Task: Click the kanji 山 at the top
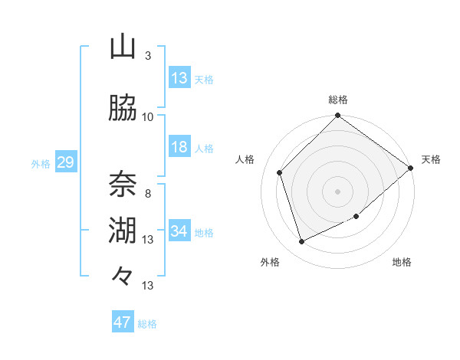click(123, 47)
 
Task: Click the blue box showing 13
click(179, 77)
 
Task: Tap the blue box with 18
click(179, 147)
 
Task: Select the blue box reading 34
click(179, 231)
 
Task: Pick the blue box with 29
click(65, 162)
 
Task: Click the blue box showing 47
click(122, 322)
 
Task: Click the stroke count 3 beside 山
click(148, 55)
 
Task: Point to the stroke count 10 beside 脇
click(148, 116)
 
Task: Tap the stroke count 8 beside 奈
click(148, 193)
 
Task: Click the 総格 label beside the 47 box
click(147, 323)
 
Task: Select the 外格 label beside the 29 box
click(41, 162)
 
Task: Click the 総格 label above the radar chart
click(338, 100)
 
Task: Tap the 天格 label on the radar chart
click(431, 159)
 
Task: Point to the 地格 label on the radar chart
click(402, 263)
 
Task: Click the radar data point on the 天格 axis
click(411, 168)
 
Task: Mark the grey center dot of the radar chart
click(338, 191)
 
